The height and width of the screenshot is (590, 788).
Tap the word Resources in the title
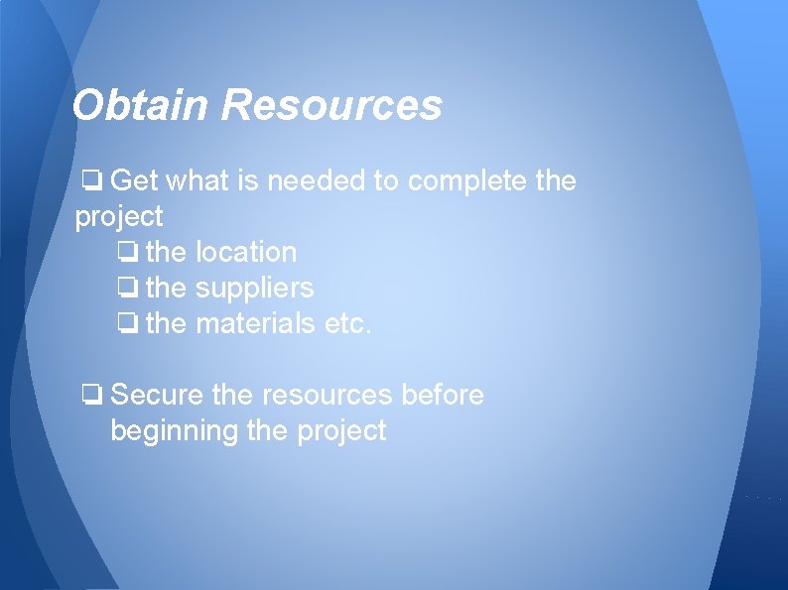(x=331, y=105)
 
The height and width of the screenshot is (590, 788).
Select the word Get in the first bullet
(x=135, y=181)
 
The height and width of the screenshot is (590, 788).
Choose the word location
(x=246, y=253)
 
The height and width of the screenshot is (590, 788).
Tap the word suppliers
(x=255, y=290)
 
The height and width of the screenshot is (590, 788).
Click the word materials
(x=256, y=324)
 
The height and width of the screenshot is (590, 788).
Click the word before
(x=442, y=396)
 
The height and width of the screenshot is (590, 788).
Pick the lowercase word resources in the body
(x=328, y=396)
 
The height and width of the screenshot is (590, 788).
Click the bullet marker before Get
(x=91, y=181)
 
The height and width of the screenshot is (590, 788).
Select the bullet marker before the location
(x=126, y=253)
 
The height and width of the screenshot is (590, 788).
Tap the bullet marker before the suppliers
(x=126, y=290)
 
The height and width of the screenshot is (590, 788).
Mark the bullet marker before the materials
(x=126, y=324)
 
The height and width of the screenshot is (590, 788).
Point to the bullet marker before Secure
(x=91, y=396)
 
